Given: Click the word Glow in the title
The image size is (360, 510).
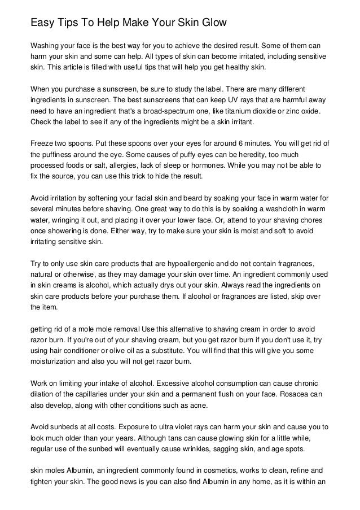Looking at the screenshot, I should (x=211, y=23).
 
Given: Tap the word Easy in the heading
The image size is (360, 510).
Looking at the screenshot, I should (x=41, y=23).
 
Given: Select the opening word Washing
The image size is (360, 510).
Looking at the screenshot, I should (x=46, y=45).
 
